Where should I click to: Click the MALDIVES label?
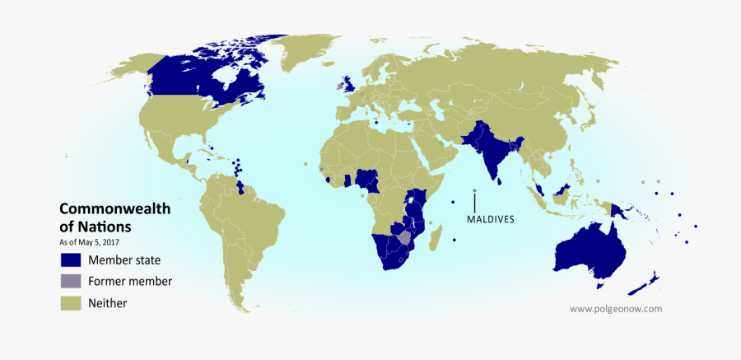coord(490,219)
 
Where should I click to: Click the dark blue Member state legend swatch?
coord(71,259)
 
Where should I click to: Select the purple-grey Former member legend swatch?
coord(71,281)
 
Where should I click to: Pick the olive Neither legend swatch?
coord(71,302)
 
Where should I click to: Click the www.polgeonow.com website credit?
coord(616,309)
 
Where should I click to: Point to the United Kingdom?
coord(349,83)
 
